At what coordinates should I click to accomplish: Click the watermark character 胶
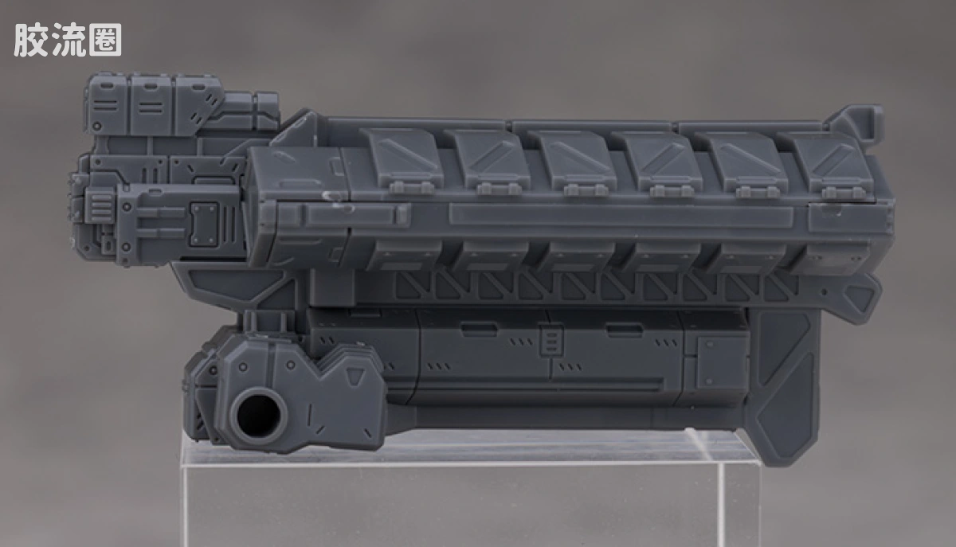pyautogui.click(x=30, y=40)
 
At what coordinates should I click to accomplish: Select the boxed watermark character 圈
pyautogui.click(x=105, y=40)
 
